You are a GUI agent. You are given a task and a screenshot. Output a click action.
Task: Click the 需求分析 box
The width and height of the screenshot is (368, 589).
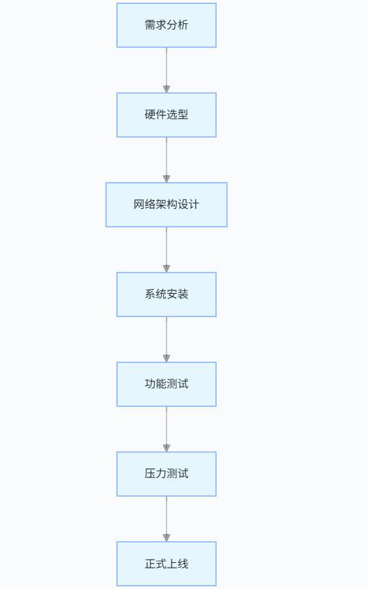[x=167, y=25]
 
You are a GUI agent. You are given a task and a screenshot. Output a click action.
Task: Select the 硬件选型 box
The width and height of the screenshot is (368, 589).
[x=167, y=115]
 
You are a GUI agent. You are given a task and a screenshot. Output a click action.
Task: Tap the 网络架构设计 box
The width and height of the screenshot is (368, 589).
[x=167, y=205]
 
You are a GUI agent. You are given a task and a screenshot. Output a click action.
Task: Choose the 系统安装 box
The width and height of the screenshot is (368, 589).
[x=167, y=294]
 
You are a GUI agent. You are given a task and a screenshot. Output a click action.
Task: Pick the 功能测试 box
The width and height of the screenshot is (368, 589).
[x=167, y=384]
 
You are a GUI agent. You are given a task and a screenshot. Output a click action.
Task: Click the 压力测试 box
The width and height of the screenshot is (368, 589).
[x=167, y=474]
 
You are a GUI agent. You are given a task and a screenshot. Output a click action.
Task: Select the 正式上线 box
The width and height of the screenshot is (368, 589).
[x=167, y=564]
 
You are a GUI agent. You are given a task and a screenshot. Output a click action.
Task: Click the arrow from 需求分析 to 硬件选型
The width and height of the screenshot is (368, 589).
[x=167, y=71]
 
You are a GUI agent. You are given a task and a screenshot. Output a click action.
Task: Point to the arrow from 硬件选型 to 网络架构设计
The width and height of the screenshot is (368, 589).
[x=167, y=160]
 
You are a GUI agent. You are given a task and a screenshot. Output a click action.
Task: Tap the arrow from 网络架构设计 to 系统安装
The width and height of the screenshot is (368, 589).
[x=167, y=250]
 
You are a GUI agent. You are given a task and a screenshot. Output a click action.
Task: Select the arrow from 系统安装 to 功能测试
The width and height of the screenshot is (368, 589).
[x=167, y=340]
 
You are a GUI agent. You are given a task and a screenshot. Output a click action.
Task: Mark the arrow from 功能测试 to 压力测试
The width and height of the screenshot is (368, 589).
[x=167, y=429]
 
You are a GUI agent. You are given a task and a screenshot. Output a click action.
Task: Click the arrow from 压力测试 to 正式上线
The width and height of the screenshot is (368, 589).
[x=167, y=519]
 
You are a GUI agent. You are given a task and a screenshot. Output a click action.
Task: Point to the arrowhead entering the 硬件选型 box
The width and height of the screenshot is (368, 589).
[x=167, y=89]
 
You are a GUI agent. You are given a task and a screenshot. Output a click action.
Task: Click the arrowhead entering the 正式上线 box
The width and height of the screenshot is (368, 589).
[x=167, y=538]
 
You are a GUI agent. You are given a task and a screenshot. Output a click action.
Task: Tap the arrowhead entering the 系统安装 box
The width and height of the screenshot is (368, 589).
[x=167, y=268]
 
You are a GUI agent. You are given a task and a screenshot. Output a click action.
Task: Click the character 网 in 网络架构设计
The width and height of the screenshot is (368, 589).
[x=139, y=205]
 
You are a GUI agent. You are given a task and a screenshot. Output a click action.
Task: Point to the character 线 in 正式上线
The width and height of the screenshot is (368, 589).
[x=183, y=564]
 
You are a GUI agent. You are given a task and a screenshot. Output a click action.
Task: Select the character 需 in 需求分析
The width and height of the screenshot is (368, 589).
[x=150, y=25]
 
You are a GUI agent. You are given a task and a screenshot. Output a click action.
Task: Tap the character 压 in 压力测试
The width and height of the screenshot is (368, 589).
[x=150, y=474]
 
